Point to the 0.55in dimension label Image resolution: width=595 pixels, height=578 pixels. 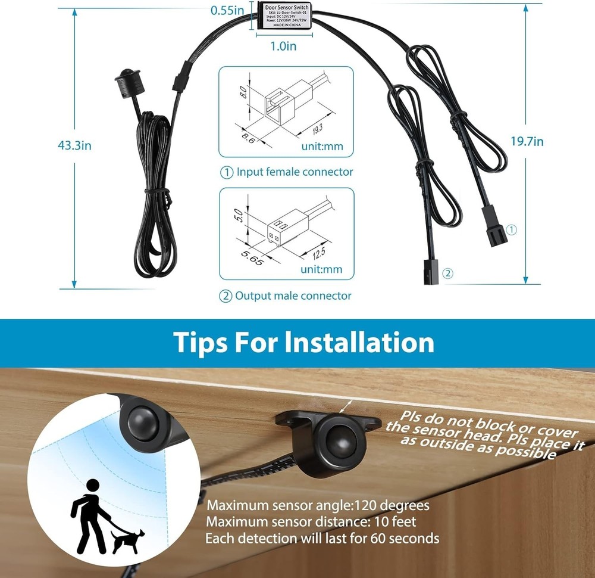pos(228,10)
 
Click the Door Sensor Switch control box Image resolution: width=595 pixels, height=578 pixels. pos(284,15)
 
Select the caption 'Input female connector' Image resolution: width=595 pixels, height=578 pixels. pos(295,172)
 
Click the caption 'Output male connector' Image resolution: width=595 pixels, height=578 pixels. pos(293,296)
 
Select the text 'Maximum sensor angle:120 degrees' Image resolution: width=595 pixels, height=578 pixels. pos(318,506)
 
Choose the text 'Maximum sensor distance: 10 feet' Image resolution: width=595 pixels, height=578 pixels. pos(311,522)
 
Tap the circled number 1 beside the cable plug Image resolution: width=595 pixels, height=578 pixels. pos(513,229)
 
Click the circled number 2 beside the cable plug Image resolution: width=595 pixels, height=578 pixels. pos(448,274)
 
